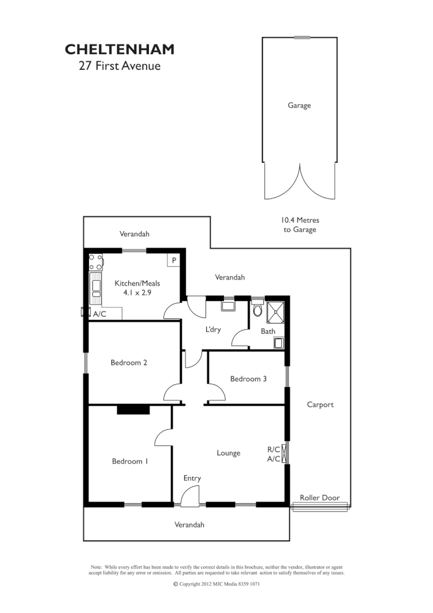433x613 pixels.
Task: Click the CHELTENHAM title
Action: coord(120,50)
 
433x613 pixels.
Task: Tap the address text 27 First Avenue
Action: coord(120,66)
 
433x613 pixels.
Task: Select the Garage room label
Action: coord(299,106)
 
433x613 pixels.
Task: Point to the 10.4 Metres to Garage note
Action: coord(300,225)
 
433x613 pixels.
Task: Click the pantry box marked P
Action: coord(173,261)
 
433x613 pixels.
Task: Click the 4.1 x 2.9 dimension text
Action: coord(136,293)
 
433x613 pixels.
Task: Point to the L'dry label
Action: coord(215,330)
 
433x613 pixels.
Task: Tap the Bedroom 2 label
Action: coord(129,363)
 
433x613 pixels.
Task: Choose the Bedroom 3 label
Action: coord(248,379)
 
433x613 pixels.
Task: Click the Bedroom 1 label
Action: coord(130,461)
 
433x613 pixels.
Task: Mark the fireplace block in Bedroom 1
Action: coord(133,410)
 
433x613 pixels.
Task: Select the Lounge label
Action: coord(229,453)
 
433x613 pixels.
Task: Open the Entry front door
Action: coord(190,497)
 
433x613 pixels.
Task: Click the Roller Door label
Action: coord(320,497)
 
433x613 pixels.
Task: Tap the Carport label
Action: coord(320,404)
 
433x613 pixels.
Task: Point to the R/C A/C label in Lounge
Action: coord(274,454)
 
